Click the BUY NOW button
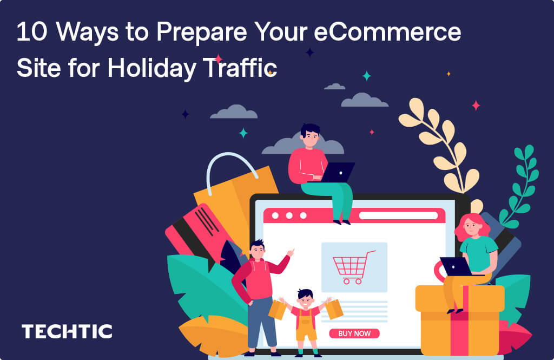point(354,333)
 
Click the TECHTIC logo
point(67,331)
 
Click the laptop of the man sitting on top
point(337,173)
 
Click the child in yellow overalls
point(306,319)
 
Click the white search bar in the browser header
point(398,215)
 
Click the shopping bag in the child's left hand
point(334,309)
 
